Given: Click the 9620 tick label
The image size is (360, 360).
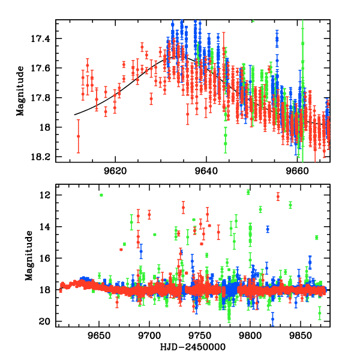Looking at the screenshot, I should point(114,170).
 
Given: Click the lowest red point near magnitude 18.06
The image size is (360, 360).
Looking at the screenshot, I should point(78,136).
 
